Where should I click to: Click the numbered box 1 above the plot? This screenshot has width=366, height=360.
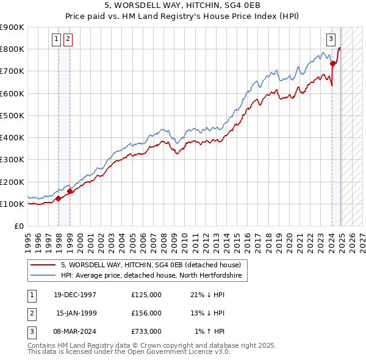coord(56,39)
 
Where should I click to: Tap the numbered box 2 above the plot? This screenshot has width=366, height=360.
coord(67,39)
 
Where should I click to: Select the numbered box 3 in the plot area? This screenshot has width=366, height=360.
coord(331,39)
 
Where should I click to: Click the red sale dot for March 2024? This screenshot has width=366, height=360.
coord(332,63)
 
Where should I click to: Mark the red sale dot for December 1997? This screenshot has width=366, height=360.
coord(59,198)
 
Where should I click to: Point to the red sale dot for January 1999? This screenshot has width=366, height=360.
coord(70,191)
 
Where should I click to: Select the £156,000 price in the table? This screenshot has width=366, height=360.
coord(146,313)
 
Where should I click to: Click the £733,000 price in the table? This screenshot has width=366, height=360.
coord(146,331)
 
